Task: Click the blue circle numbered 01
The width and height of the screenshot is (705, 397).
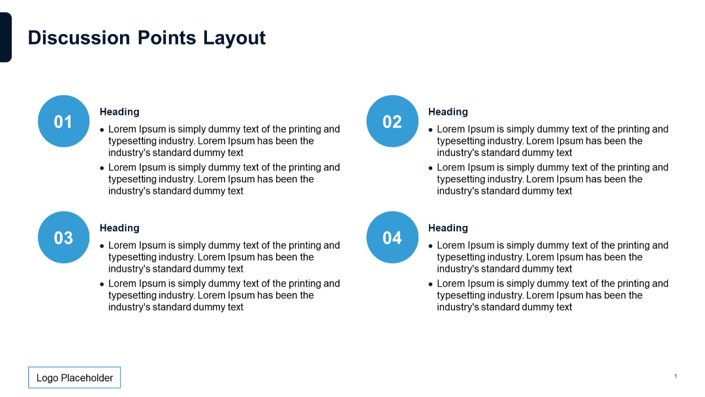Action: pyautogui.click(x=63, y=121)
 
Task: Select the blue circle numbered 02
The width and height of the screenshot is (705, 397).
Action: pyautogui.click(x=392, y=121)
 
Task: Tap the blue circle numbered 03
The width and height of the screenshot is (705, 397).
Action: pyautogui.click(x=63, y=238)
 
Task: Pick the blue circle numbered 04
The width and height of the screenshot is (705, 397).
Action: pyautogui.click(x=392, y=238)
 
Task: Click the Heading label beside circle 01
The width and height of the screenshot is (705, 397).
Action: pyautogui.click(x=119, y=112)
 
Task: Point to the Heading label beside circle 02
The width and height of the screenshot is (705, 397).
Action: pyautogui.click(x=448, y=112)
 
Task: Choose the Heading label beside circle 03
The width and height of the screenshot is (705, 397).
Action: pyautogui.click(x=119, y=228)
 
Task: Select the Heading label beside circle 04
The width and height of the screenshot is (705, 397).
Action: pyautogui.click(x=448, y=228)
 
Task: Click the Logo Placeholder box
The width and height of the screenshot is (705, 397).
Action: pyautogui.click(x=74, y=377)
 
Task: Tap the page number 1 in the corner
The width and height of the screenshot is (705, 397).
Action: pyautogui.click(x=676, y=376)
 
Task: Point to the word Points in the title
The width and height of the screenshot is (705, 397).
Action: pyautogui.click(x=166, y=38)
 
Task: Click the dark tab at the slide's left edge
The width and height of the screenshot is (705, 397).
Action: pyautogui.click(x=5, y=37)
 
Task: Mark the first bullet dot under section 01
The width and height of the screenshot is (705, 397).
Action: pyautogui.click(x=102, y=130)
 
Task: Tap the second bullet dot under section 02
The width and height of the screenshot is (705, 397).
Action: pyautogui.click(x=431, y=168)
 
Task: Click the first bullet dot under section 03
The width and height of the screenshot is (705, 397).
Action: pyautogui.click(x=102, y=246)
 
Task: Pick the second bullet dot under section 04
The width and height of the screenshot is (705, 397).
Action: pyautogui.click(x=431, y=284)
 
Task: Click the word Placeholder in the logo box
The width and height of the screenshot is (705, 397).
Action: pyautogui.click(x=87, y=377)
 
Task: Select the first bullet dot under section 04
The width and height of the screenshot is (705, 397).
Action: pyautogui.click(x=431, y=246)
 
